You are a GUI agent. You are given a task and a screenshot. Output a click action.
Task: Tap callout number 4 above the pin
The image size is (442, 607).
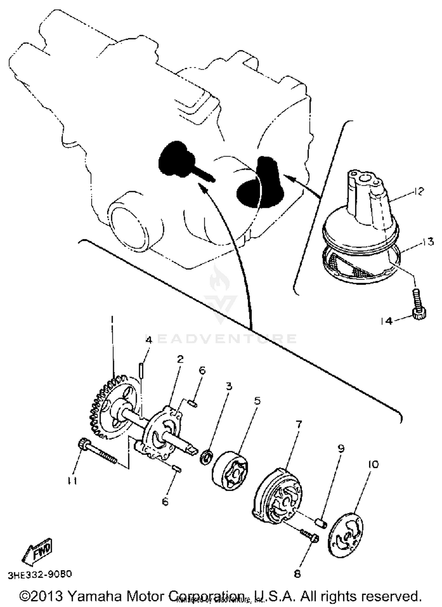coord(149,340)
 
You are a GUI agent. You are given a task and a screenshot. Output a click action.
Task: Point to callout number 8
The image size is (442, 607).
coord(297,573)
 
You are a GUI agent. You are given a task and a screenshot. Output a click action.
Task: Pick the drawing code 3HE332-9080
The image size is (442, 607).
coord(40,575)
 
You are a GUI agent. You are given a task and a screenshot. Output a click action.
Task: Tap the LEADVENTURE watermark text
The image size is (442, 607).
coord(221,339)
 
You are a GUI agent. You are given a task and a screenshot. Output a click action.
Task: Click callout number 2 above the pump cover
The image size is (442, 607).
coord(180,359)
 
